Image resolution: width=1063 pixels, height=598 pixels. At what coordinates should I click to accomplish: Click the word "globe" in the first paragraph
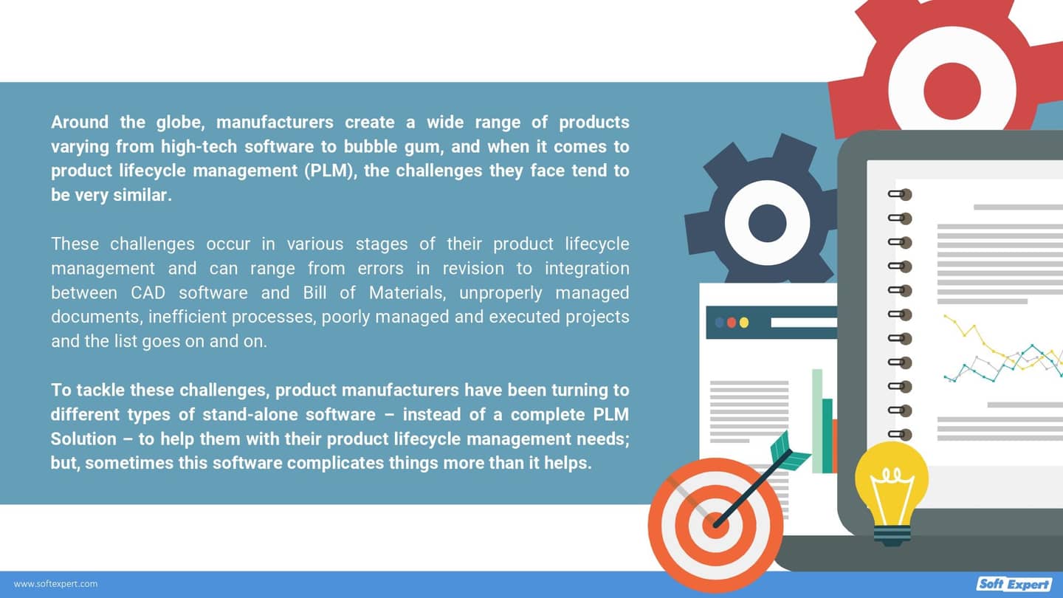[x=180, y=123]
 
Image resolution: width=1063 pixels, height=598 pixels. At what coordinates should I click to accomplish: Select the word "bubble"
[x=371, y=147]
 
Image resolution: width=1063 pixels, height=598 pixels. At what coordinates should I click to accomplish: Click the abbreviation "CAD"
[x=148, y=293]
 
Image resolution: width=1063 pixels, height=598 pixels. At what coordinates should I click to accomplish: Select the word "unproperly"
[x=500, y=293]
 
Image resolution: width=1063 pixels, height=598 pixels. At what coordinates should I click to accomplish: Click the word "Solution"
[x=83, y=439]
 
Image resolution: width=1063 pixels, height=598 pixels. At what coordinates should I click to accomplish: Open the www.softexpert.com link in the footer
[x=55, y=584]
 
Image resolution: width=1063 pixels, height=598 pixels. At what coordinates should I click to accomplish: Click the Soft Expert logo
[x=1014, y=583]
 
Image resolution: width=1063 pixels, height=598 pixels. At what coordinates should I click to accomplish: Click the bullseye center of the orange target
[x=715, y=526]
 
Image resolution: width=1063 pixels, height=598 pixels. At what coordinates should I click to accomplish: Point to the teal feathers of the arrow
[x=788, y=452]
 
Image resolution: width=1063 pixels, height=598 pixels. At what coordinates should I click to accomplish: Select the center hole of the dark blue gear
[x=768, y=223]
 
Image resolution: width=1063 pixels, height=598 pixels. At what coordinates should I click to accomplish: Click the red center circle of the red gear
[x=952, y=91]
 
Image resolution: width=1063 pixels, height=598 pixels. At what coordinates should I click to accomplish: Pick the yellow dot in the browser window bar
[x=744, y=323]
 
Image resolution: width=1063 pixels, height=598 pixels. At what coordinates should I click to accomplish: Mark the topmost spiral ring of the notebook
[x=900, y=195]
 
